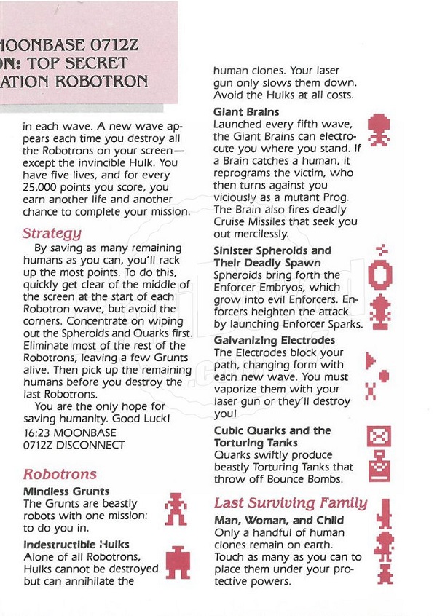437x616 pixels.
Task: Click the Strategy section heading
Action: pos(52,233)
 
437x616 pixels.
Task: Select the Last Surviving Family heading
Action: pos(291,503)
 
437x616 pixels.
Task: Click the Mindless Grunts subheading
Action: pos(66,491)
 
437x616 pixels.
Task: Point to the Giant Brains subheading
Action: pos(246,111)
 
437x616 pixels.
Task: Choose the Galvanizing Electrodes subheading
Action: pos(275,340)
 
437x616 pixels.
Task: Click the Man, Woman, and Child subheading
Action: pos(279,521)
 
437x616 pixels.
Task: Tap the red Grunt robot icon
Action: pos(176,508)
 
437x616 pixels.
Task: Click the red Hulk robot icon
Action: pos(177,561)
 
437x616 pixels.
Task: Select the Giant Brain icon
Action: pos(379,129)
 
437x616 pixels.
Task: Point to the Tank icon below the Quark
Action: pos(380,466)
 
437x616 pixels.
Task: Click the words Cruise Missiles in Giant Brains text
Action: pos(256,222)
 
